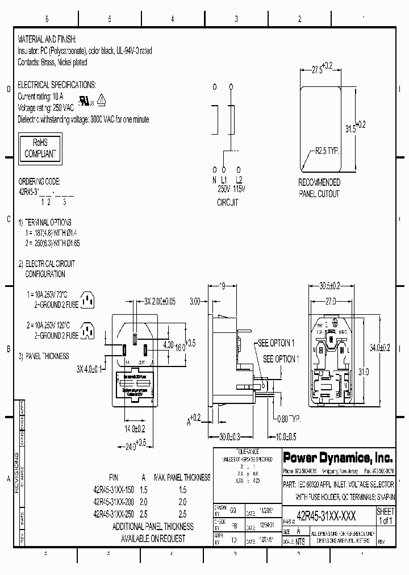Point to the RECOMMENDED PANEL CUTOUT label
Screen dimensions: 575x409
319,188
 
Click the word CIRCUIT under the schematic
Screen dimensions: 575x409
227,202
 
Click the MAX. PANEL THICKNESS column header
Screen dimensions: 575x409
182,477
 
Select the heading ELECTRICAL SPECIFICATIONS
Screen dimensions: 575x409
57,85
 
